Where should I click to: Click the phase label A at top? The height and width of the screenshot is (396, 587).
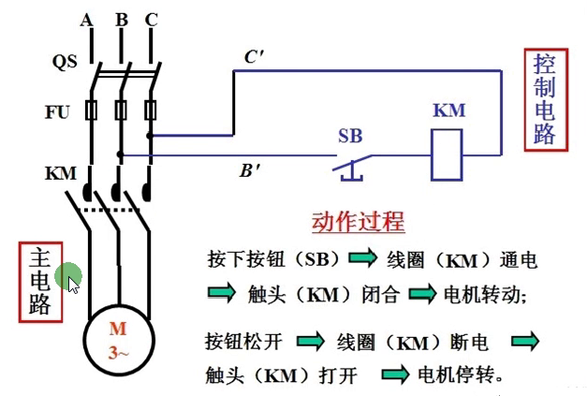pyautogui.click(x=87, y=20)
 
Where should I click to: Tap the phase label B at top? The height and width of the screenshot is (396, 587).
pyautogui.click(x=120, y=20)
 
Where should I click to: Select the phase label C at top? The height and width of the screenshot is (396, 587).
pyautogui.click(x=151, y=20)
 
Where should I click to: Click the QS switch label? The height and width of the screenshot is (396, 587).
pyautogui.click(x=63, y=63)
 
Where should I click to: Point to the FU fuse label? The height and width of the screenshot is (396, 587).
pyautogui.click(x=57, y=111)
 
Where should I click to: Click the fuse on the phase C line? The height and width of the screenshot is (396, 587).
pyautogui.click(x=150, y=111)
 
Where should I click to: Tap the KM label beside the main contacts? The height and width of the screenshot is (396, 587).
pyautogui.click(x=60, y=174)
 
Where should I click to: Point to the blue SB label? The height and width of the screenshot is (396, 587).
pyautogui.click(x=349, y=135)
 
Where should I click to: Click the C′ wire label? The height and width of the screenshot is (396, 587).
pyautogui.click(x=254, y=58)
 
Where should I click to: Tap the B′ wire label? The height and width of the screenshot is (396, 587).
pyautogui.click(x=250, y=170)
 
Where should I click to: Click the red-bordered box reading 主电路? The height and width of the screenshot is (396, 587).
pyautogui.click(x=39, y=281)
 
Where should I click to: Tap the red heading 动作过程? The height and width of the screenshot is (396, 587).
pyautogui.click(x=358, y=222)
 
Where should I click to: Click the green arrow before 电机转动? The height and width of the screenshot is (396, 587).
pyautogui.click(x=423, y=294)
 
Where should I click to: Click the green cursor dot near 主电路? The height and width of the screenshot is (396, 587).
pyautogui.click(x=68, y=277)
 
